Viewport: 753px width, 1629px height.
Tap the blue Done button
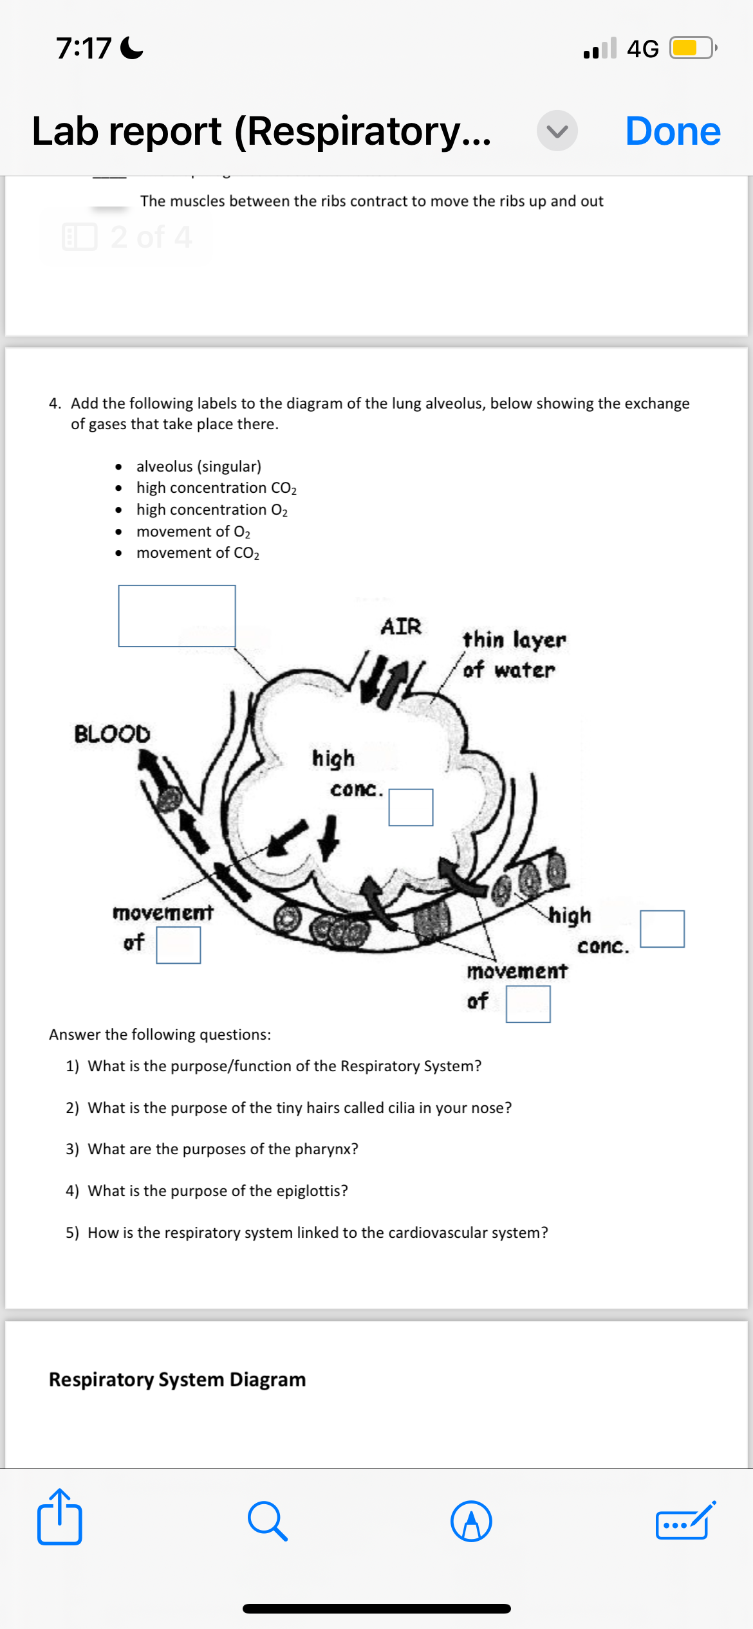coord(673,131)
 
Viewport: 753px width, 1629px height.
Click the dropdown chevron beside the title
coord(557,131)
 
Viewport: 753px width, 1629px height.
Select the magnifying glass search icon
coord(267,1522)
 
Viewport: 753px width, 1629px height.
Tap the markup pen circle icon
coord(471,1522)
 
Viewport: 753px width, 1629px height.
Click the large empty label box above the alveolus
coord(177,616)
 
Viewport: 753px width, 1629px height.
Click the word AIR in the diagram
coord(400,626)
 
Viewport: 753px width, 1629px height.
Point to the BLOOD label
coord(112,733)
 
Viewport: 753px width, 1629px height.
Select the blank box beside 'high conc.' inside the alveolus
coord(411,807)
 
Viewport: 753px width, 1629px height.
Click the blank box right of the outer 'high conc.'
coord(662,928)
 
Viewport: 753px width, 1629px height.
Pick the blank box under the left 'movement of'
coord(178,945)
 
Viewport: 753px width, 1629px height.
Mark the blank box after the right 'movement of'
coord(528,1004)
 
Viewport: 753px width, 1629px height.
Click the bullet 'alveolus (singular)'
coord(198,466)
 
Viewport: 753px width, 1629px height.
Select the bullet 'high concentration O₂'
coord(212,510)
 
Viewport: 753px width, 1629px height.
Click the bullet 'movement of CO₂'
coord(198,553)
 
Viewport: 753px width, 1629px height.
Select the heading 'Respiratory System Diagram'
coord(177,1379)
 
